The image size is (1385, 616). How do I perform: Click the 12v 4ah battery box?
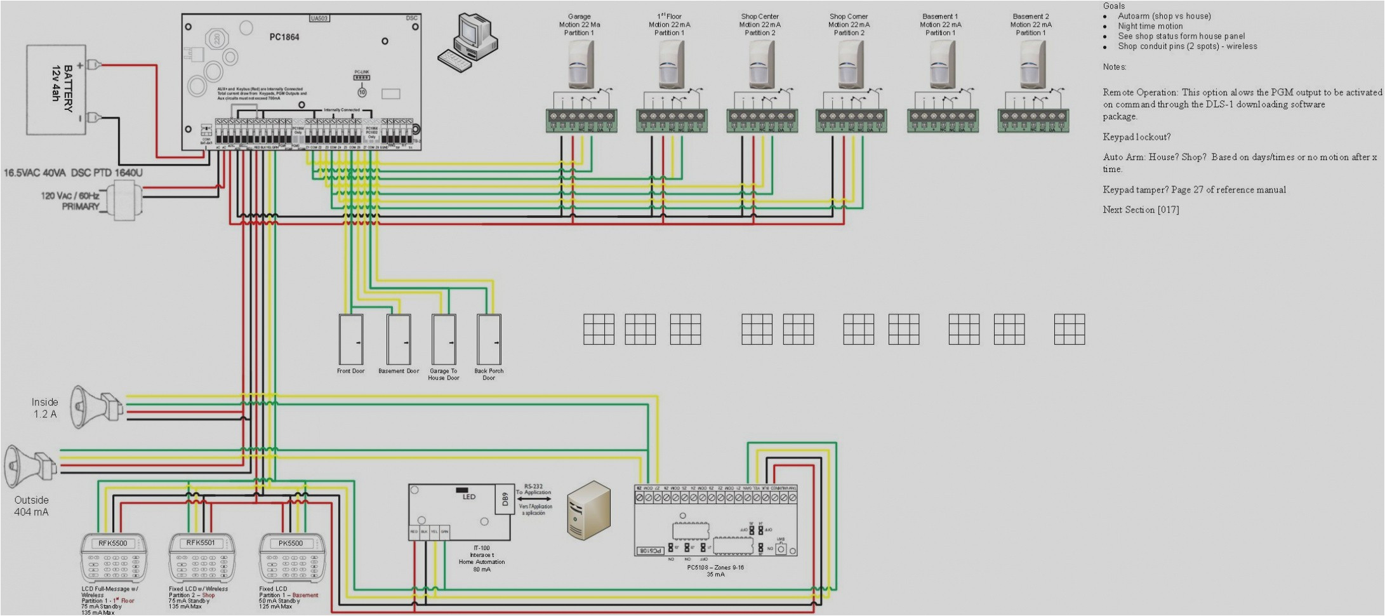coord(56,90)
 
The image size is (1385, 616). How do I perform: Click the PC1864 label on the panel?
coord(284,37)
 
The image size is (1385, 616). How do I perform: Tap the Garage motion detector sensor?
coord(580,65)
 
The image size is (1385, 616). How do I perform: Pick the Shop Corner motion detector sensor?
coord(850,65)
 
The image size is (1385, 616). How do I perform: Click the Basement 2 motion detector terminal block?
coord(1033,120)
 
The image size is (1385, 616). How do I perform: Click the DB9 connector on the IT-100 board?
coord(504,499)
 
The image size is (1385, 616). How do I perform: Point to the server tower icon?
coord(588,510)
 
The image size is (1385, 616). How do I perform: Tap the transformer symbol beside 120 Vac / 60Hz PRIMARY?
coord(123,199)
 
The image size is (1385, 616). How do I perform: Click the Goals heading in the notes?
coord(1113,6)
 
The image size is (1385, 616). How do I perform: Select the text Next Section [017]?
coord(1141,210)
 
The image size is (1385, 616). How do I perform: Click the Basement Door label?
coord(399,371)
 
